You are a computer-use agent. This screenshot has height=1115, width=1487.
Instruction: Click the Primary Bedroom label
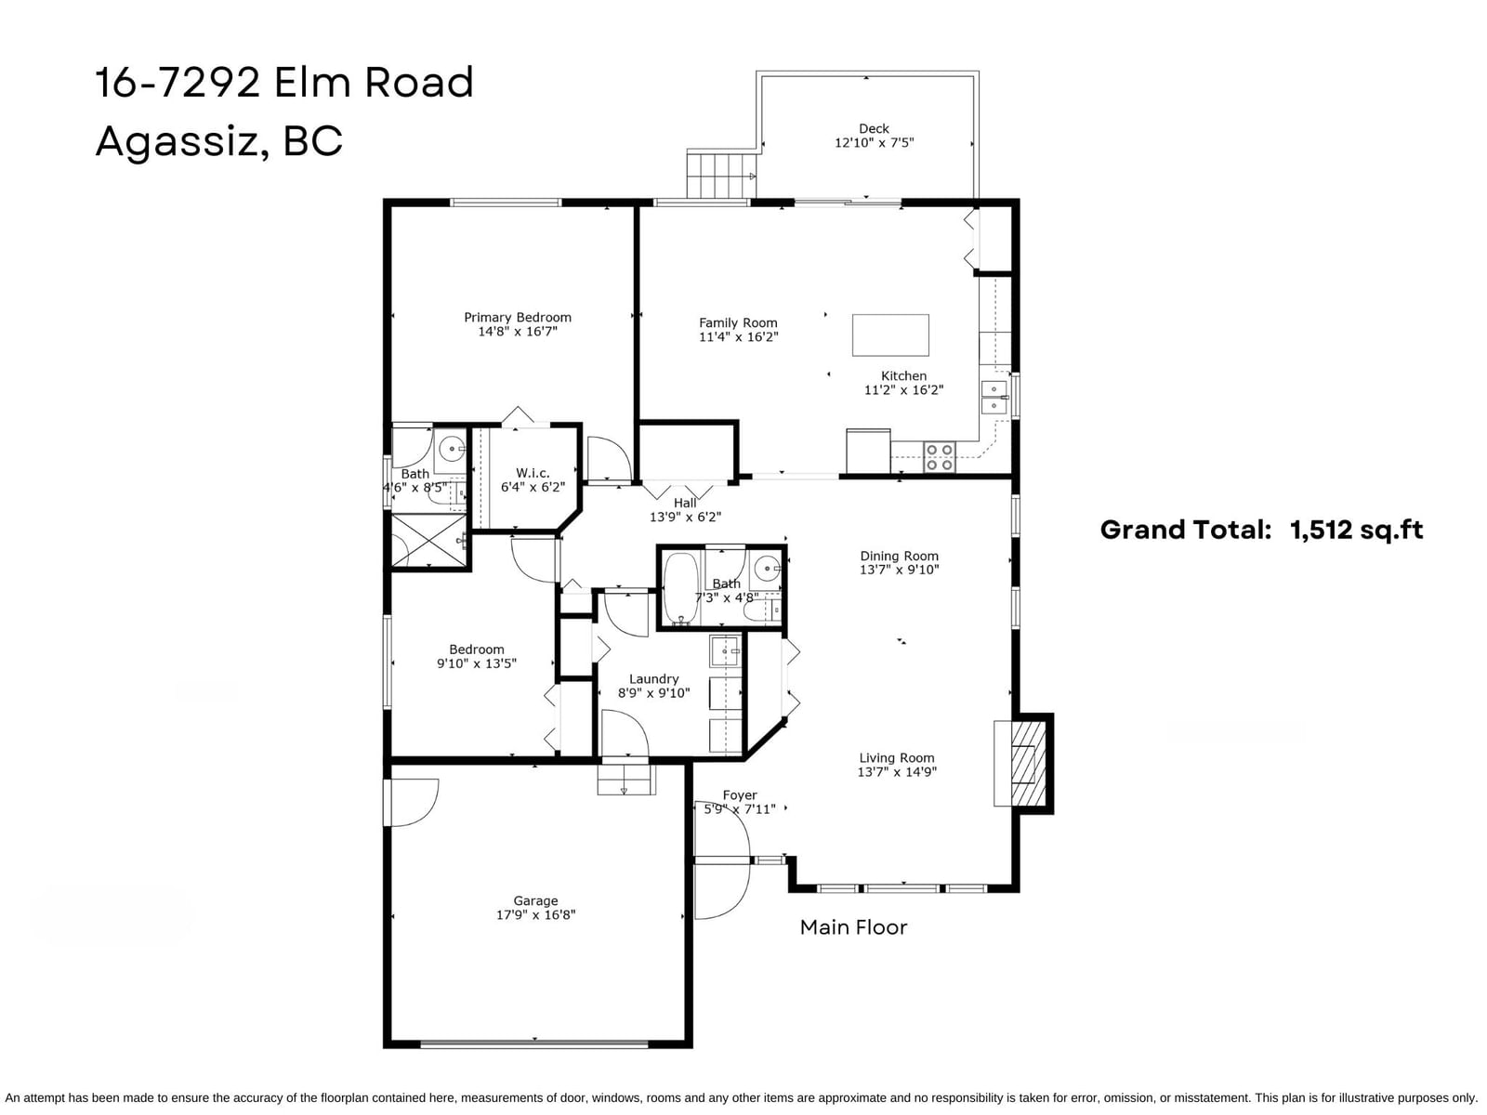518,317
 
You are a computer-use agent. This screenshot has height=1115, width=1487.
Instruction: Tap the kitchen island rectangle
890,334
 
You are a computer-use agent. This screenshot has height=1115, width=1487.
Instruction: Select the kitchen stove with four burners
940,457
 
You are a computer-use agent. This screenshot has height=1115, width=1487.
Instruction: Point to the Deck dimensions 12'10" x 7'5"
874,143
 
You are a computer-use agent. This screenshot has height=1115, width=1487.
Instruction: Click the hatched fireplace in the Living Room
1029,764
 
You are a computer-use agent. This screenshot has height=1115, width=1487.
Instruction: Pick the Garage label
535,900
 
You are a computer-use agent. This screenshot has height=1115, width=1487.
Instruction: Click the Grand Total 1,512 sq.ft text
1261,530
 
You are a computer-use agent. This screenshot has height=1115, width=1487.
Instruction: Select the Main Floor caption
853,926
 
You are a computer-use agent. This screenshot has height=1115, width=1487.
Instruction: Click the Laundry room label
653,678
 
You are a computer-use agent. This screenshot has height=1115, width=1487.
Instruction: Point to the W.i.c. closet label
533,473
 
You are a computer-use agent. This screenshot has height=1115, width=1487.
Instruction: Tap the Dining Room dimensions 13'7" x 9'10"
899,570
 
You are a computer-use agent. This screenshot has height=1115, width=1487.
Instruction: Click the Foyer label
739,794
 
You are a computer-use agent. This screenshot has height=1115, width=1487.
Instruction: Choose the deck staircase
721,175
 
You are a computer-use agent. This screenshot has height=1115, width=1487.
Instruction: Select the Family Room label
738,323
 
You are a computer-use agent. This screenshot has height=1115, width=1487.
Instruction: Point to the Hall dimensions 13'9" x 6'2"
685,517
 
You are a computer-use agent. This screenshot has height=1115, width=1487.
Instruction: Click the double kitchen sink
994,397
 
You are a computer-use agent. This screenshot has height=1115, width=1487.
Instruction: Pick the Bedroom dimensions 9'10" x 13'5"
476,663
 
